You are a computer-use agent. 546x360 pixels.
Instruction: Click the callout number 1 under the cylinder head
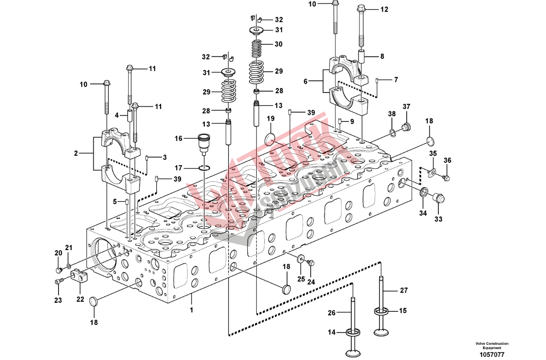[192, 309]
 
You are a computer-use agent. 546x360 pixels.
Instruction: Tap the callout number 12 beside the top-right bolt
[384, 9]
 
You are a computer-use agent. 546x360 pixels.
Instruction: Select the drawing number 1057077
[492, 354]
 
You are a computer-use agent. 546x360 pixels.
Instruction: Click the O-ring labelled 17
[203, 168]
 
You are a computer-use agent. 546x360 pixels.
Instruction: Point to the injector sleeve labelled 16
[204, 142]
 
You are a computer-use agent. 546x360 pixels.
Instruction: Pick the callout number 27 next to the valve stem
[404, 291]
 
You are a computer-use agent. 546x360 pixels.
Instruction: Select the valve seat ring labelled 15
[380, 311]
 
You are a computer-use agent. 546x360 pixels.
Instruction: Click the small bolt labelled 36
[446, 178]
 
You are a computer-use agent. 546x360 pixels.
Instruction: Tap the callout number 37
[406, 106]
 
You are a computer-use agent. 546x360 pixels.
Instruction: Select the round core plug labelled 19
[271, 138]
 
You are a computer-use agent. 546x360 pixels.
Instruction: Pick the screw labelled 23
[58, 281]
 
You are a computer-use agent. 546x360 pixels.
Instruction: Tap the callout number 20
[58, 253]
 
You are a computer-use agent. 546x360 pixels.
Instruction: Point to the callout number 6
[305, 82]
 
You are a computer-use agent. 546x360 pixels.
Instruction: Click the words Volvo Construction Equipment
[492, 346]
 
